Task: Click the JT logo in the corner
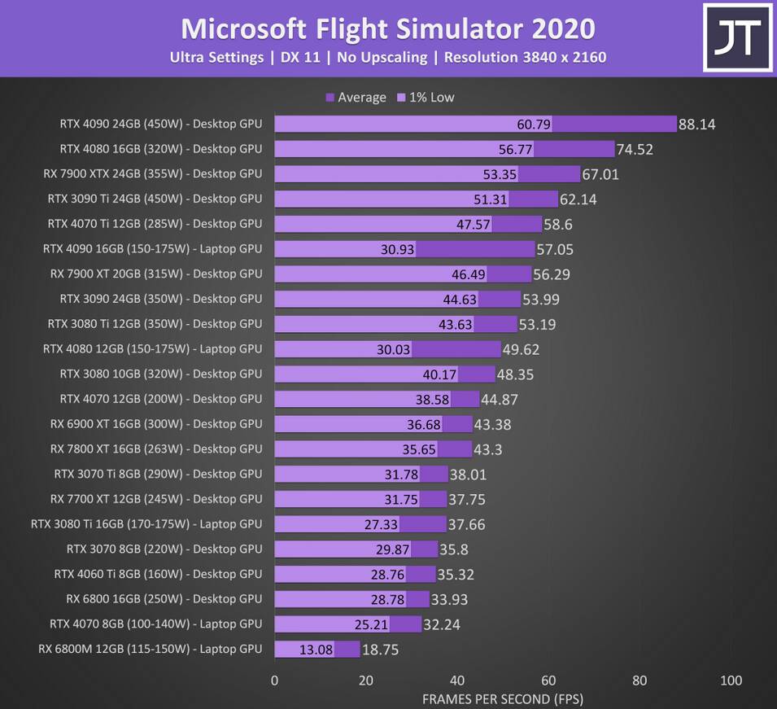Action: click(x=737, y=37)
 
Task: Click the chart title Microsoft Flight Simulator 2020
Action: click(x=387, y=28)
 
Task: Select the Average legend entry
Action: click(x=356, y=98)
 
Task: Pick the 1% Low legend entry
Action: click(x=426, y=98)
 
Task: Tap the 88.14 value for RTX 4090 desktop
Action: click(x=696, y=125)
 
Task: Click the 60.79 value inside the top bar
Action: click(x=534, y=125)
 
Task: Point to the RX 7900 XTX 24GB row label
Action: click(x=153, y=174)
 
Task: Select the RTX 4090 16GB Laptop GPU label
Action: click(x=153, y=249)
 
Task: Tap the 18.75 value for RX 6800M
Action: click(x=380, y=650)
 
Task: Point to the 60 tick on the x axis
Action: click(x=548, y=681)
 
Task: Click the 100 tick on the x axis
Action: click(x=731, y=681)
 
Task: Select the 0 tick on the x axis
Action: click(x=274, y=681)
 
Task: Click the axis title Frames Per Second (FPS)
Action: click(x=503, y=699)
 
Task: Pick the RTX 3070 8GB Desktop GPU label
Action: click(x=164, y=549)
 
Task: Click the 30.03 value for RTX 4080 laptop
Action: click(x=393, y=349)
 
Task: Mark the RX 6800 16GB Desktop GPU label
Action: click(x=164, y=599)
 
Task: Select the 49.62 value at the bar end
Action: click(x=521, y=350)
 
